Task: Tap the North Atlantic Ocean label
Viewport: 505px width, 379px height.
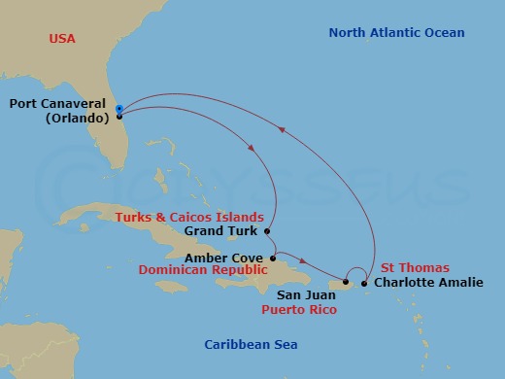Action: pyautogui.click(x=396, y=33)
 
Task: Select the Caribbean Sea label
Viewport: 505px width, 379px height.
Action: pyautogui.click(x=251, y=345)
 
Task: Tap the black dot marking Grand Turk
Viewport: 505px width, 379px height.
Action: pyautogui.click(x=266, y=231)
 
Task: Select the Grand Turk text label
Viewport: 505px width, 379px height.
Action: pyautogui.click(x=223, y=231)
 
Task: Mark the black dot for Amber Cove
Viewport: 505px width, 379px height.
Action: pyautogui.click(x=273, y=258)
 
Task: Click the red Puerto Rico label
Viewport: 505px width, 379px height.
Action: pyautogui.click(x=300, y=310)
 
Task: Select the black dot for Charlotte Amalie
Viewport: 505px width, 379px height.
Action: pyautogui.click(x=364, y=284)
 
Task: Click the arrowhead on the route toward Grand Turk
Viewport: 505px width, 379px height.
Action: pyautogui.click(x=253, y=148)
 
